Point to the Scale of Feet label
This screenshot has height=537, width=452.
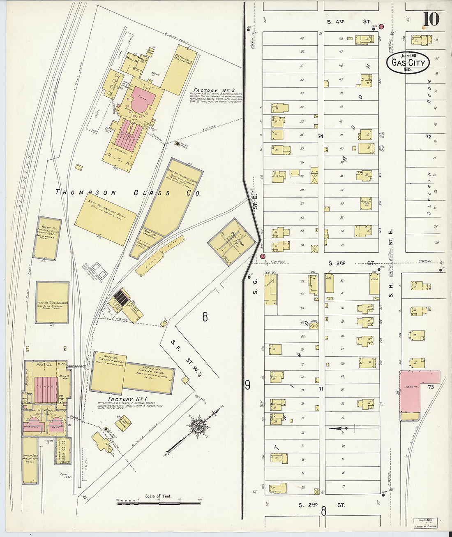pos(158,496)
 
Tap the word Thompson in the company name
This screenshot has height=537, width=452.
pos(86,192)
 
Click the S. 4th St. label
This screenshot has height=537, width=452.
pos(349,21)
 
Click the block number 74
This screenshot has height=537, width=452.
pos(321,136)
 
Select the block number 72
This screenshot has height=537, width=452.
pos(428,137)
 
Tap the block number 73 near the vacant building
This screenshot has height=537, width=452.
pos(431,387)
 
